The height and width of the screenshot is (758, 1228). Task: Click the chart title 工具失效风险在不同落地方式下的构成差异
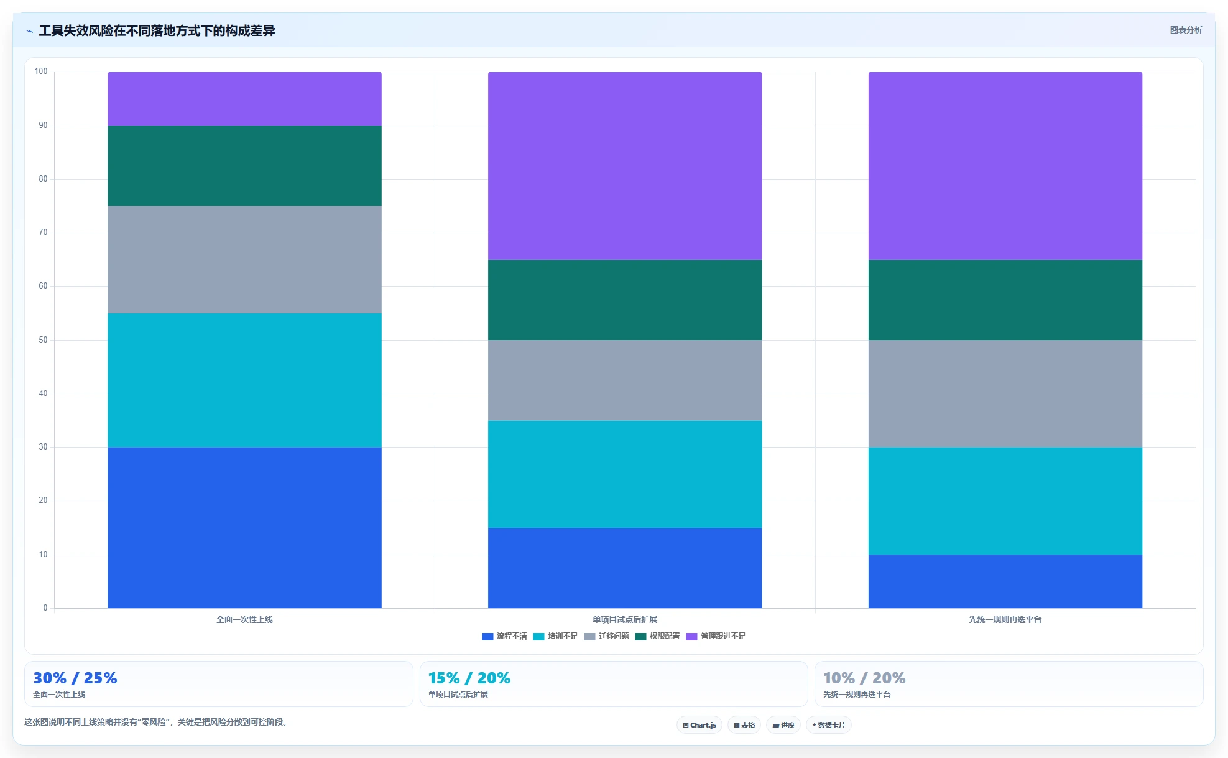(157, 30)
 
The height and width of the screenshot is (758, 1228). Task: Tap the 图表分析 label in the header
(1186, 30)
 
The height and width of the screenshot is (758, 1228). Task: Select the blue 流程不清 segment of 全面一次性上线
(244, 527)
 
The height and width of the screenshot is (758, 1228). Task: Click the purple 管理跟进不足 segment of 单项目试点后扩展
(625, 165)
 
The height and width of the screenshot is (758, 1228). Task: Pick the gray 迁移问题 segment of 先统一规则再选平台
(1005, 394)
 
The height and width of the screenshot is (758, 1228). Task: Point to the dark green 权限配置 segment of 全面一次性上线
(244, 165)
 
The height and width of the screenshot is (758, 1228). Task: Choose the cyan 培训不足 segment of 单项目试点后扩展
(625, 474)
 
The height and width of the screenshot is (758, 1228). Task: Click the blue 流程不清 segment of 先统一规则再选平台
(1005, 581)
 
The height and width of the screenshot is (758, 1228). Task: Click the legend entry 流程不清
(504, 636)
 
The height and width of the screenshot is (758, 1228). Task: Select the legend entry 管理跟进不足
(716, 636)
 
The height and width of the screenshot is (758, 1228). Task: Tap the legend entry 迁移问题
(606, 636)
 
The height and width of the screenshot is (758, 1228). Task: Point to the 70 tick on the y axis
(43, 233)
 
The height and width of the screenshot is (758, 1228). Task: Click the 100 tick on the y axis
(41, 72)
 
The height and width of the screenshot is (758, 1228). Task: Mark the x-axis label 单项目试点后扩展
(625, 619)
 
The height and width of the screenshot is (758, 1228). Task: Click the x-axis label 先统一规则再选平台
(1005, 619)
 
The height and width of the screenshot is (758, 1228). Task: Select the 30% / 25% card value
(75, 678)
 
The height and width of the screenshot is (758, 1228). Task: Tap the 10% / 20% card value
(864, 678)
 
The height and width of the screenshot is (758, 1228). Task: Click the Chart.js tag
(699, 725)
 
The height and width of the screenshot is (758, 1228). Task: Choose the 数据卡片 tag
(829, 725)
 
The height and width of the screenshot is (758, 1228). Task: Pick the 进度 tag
(783, 725)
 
